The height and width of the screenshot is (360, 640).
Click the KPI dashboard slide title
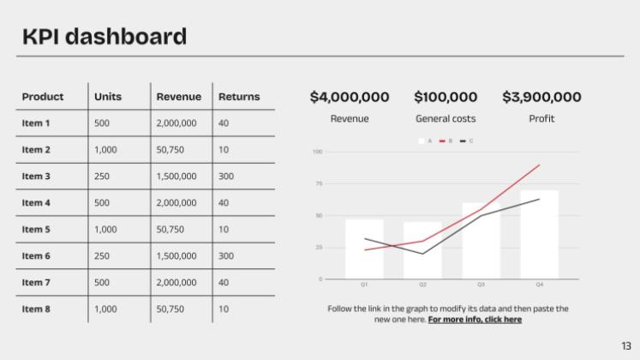[105, 36]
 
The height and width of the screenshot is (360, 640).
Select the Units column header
[108, 97]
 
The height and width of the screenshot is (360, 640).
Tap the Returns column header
[239, 97]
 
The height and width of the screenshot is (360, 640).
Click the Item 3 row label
[36, 177]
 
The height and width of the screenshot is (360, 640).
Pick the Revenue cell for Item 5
[170, 230]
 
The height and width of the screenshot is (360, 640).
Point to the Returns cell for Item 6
[226, 256]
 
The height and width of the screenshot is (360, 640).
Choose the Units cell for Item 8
[105, 309]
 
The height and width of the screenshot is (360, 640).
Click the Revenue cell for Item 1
[176, 123]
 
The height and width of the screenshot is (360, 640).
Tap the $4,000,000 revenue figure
[350, 98]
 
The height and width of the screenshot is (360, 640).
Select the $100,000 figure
[446, 98]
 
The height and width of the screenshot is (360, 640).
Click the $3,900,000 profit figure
[541, 98]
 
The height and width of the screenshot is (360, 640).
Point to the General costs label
[446, 119]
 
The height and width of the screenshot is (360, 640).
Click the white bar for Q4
[539, 234]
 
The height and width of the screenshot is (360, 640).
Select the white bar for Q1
[364, 249]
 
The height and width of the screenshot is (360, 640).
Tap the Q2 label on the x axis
[422, 285]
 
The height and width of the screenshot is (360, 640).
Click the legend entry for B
[445, 141]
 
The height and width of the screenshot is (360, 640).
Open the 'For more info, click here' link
[475, 320]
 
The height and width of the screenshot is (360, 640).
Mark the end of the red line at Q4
[540, 165]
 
